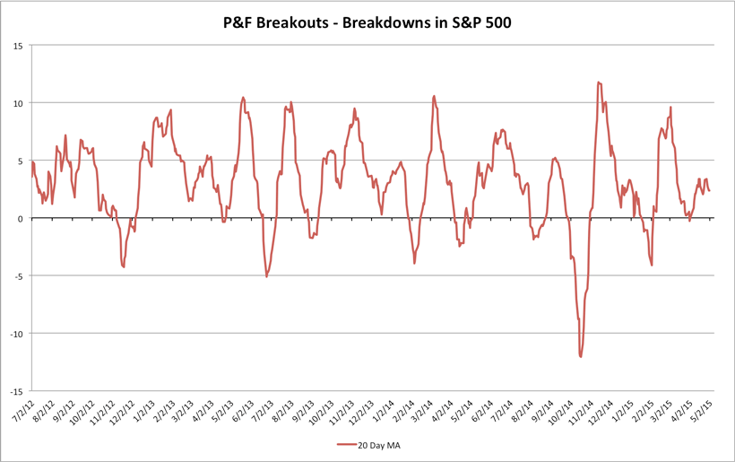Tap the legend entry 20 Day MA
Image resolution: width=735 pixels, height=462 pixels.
377,444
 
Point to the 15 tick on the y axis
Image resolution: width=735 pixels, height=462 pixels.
19,45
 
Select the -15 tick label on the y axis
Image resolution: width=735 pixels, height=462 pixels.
17,391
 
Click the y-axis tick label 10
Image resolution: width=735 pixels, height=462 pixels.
19,103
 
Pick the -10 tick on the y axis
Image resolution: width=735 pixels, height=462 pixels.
17,334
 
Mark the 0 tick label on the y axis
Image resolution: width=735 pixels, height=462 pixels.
22,218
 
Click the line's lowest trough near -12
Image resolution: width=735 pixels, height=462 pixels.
581,356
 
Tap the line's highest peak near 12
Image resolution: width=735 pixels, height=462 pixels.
598,83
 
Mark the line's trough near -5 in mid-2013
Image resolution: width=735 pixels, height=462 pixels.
266,276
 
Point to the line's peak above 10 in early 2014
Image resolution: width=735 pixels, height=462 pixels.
434,96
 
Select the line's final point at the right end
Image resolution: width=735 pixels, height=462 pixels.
709,190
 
